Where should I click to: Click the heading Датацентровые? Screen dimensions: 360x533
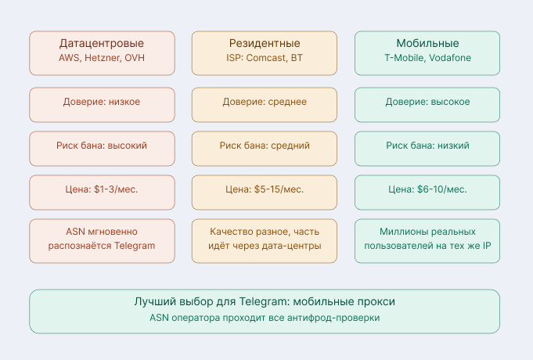pos(102,43)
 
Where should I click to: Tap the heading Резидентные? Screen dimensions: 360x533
pos(265,43)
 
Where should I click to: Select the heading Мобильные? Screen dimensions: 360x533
pos(427,43)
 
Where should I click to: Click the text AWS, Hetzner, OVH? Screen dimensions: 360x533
pos(102,59)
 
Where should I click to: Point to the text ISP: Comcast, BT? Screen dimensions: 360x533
pos(265,59)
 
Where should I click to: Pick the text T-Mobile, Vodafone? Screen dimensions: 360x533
pos(427,59)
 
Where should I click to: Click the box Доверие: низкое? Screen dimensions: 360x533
pos(102,102)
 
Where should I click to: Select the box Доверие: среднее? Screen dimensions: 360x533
pos(265,102)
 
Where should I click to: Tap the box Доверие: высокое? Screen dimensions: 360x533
pos(427,102)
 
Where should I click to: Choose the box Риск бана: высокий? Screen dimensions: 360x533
pos(102,146)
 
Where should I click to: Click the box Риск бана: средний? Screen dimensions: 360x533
pos(265,146)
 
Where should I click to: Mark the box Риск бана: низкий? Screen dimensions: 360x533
pos(427,146)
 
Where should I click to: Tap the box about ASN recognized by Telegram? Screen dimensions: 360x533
pos(102,239)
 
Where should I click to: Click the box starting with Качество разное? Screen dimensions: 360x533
pos(265,239)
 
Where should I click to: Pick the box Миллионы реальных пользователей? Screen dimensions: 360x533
pos(427,239)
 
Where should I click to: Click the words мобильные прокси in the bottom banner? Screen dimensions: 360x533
pos(349,302)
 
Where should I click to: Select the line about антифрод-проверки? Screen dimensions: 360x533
pos(265,318)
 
